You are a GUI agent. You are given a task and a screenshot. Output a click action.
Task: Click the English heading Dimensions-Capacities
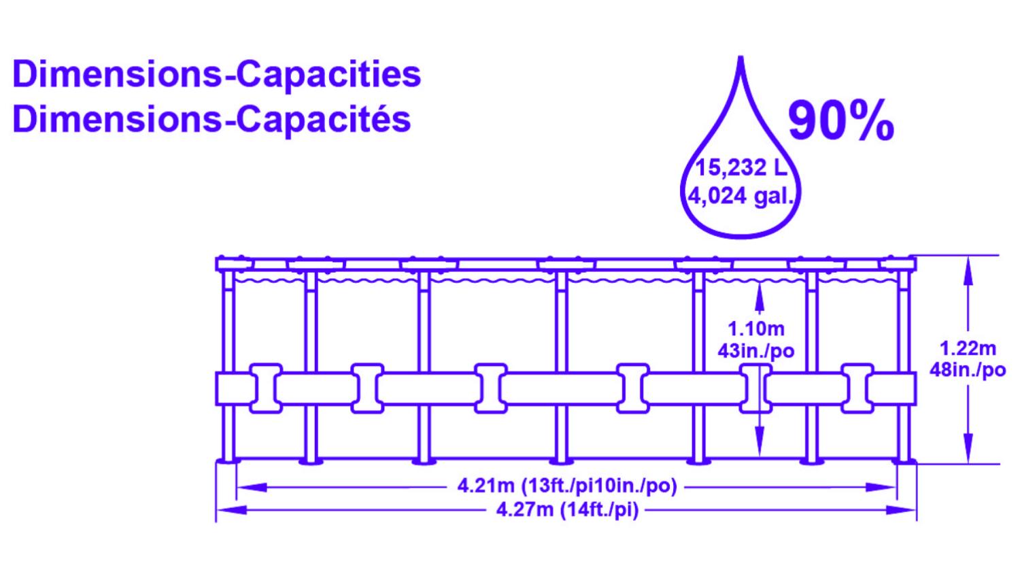[217, 74]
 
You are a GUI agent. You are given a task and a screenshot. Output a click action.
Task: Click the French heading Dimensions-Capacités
[212, 119]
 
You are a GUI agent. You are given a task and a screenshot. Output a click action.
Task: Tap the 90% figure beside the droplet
[840, 121]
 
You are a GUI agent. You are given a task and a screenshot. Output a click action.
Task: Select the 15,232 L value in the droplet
[741, 168]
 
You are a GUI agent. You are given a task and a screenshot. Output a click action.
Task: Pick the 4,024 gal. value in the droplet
[741, 197]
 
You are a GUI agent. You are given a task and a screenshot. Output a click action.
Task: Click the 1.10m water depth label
[756, 329]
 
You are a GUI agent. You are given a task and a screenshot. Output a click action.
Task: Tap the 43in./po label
[756, 351]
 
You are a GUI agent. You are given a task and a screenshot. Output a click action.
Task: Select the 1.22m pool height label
[968, 349]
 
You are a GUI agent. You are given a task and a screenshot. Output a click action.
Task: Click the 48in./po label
[968, 371]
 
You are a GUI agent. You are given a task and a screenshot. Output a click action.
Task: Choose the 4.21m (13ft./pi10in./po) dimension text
[566, 487]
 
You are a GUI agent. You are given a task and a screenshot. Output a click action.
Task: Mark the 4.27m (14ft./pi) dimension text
[567, 509]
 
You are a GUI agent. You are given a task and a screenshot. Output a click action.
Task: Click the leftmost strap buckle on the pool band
[266, 388]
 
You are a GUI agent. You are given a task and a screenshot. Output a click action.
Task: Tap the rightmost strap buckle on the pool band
[857, 388]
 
